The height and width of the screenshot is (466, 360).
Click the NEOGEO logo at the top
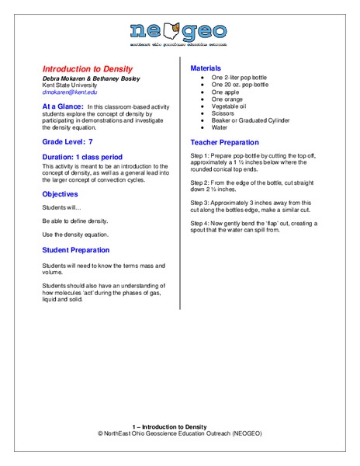tap(179, 33)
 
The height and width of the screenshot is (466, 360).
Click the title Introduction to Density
tap(87, 69)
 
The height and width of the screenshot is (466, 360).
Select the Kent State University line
tap(71, 85)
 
